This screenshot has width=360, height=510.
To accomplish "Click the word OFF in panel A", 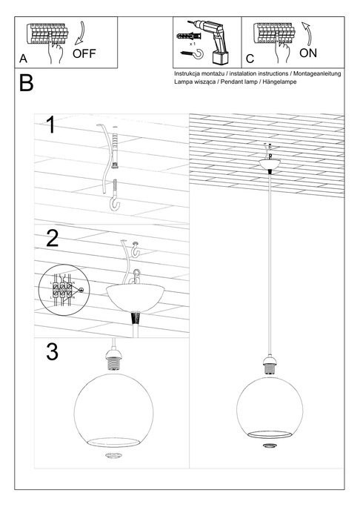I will [84, 54].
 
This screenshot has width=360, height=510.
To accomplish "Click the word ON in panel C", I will [309, 53].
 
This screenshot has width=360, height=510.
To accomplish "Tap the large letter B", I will [26, 83].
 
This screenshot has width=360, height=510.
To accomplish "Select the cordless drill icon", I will [218, 40].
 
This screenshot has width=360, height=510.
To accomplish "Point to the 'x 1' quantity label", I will [194, 44].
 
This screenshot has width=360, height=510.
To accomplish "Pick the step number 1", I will [51, 124].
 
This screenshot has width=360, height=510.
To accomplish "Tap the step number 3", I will [52, 352].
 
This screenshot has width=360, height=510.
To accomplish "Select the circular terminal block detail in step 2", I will [62, 290].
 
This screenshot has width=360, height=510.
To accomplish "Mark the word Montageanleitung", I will [316, 75].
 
